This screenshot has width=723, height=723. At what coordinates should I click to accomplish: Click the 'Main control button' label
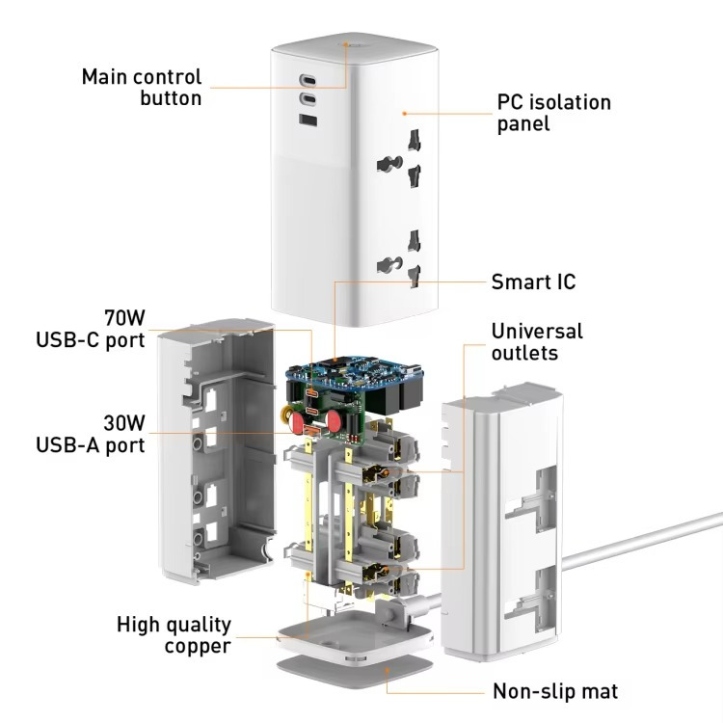[x=141, y=87]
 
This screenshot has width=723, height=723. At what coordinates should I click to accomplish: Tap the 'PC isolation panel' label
[x=553, y=113]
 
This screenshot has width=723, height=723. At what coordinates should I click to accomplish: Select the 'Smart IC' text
[x=533, y=281]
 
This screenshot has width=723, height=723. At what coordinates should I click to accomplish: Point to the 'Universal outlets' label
[x=537, y=342]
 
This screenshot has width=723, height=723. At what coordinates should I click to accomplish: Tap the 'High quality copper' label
[x=174, y=634]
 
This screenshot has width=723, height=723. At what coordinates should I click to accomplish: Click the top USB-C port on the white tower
[x=308, y=81]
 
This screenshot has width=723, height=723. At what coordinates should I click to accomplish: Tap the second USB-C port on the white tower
[x=308, y=100]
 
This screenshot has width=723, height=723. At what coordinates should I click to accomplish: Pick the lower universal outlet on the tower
[x=405, y=257]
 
